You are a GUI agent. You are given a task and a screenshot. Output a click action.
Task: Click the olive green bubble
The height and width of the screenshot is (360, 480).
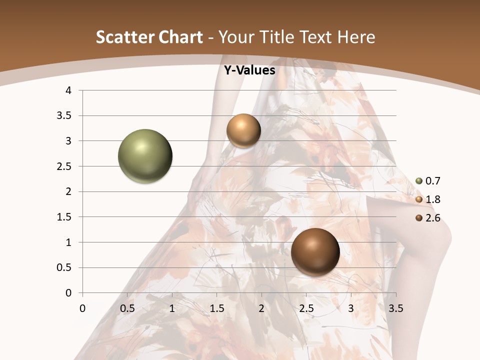(x=145, y=156)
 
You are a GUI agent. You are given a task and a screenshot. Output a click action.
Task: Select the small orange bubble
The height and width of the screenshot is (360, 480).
(x=243, y=131)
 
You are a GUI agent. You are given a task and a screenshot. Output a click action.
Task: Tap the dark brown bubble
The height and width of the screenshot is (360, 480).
(x=315, y=251)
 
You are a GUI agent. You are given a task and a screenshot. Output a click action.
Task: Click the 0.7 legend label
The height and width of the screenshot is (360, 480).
(x=433, y=181)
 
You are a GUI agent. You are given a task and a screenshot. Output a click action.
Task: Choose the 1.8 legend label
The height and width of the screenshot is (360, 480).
(x=433, y=199)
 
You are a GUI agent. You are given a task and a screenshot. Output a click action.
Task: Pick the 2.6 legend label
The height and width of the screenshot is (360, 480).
(x=433, y=218)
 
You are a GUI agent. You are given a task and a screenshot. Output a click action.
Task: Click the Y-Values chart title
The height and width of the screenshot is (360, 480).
(x=249, y=70)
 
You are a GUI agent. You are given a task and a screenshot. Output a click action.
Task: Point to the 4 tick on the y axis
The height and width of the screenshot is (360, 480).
(x=69, y=90)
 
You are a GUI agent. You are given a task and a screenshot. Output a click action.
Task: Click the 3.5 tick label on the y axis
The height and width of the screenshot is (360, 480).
(x=64, y=116)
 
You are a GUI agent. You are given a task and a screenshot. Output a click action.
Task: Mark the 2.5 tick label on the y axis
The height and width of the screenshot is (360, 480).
(x=64, y=166)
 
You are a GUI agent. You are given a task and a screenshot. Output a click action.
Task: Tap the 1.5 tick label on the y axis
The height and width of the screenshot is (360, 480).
(x=64, y=217)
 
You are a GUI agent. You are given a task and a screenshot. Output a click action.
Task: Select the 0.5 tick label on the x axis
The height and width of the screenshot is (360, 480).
(x=127, y=308)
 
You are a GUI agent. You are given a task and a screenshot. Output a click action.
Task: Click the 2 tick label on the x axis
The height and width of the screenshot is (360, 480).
(x=261, y=308)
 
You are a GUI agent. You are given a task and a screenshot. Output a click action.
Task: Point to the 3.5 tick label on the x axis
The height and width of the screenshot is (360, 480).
(x=395, y=308)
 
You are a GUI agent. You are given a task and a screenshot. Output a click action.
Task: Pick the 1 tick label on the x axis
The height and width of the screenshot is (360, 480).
(x=172, y=308)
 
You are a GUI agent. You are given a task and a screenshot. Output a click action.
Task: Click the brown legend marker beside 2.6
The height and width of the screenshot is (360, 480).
(x=419, y=218)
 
